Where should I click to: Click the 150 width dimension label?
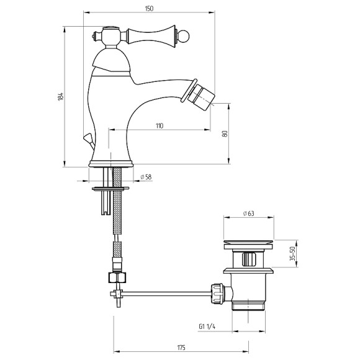149,9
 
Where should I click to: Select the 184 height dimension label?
60,97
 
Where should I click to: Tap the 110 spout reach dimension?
160,126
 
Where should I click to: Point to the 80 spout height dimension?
225,133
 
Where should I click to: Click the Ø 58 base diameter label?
146,177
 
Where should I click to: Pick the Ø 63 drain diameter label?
249,214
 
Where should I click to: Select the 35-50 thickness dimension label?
292,253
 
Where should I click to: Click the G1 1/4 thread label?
207,326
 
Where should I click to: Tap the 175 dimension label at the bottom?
181,348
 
